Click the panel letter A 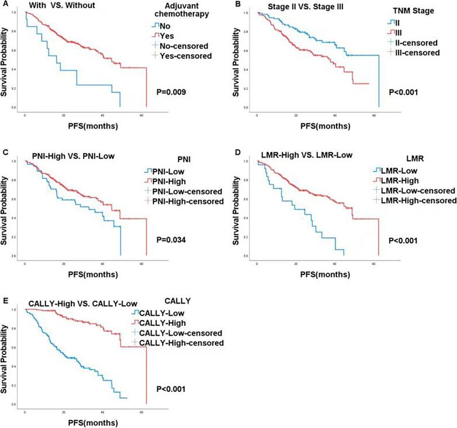coord(5,5)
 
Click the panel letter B coord(238,5)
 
